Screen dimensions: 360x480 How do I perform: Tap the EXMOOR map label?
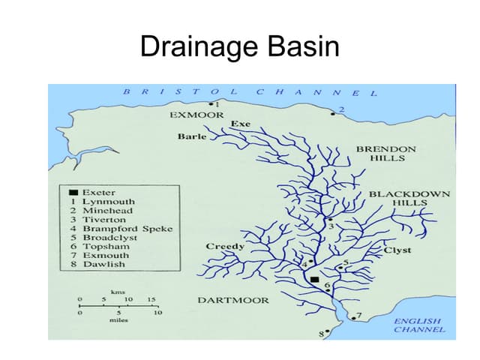coord(196,115)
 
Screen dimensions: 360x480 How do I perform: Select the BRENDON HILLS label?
coord(386,154)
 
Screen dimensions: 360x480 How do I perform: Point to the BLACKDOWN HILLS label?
coord(409,198)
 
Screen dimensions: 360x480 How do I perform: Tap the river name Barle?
coord(191,136)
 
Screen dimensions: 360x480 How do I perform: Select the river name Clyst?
coord(397,250)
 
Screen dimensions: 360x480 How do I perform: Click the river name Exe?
coord(241,123)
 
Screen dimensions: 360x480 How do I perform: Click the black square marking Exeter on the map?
coord(314,280)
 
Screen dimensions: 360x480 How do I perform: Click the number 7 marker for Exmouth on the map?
coord(358,316)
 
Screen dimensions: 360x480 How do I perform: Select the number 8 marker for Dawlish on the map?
coord(324,333)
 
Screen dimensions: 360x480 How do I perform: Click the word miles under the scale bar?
coord(118,320)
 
